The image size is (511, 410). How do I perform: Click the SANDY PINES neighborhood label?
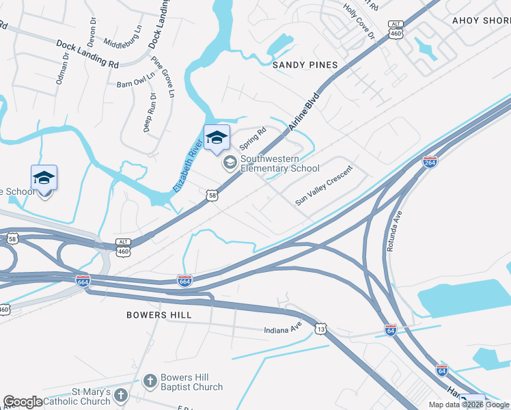click(305, 65)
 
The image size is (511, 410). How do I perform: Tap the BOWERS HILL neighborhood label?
click(158, 315)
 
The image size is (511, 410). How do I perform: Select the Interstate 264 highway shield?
click(430, 162)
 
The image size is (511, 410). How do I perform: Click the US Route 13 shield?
click(321, 329)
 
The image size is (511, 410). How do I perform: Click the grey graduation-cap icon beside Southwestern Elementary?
click(230, 162)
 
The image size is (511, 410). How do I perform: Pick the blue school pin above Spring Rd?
click(217, 137)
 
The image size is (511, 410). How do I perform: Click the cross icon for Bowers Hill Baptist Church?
click(151, 381)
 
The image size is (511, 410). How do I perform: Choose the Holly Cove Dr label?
click(359, 20)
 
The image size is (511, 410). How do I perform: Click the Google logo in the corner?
click(23, 402)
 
